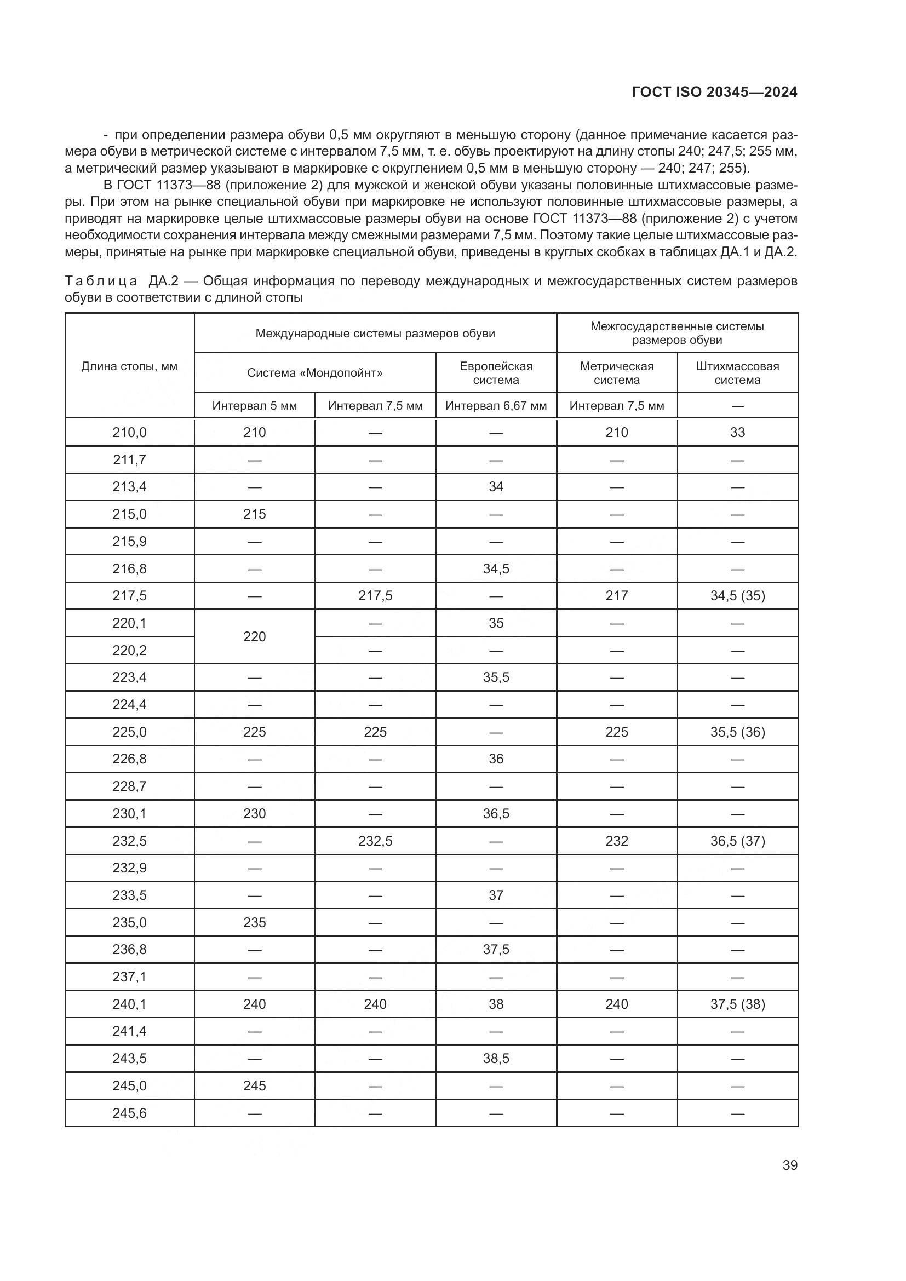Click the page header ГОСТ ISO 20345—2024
pyautogui.click(x=714, y=92)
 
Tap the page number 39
pyautogui.click(x=789, y=1165)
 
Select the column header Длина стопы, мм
pyautogui.click(x=129, y=366)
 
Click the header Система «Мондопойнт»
pyautogui.click(x=314, y=373)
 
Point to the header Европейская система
pyautogui.click(x=495, y=373)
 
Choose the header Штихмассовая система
pyautogui.click(x=737, y=373)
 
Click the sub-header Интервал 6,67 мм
pyautogui.click(x=495, y=406)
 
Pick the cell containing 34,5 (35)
pyautogui.click(x=737, y=596)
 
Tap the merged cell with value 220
pyautogui.click(x=254, y=636)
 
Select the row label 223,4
pyautogui.click(x=129, y=677)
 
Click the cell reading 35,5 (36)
pyautogui.click(x=737, y=732)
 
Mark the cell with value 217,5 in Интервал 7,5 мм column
pyautogui.click(x=375, y=596)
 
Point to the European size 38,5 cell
pyautogui.click(x=495, y=1059)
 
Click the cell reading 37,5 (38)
pyautogui.click(x=737, y=1004)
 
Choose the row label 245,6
pyautogui.click(x=129, y=1113)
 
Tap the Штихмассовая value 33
pyautogui.click(x=737, y=433)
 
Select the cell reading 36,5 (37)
pyautogui.click(x=737, y=841)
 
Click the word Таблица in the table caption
pyautogui.click(x=100, y=280)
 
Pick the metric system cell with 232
pyautogui.click(x=616, y=841)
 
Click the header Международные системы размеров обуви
pyautogui.click(x=375, y=333)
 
